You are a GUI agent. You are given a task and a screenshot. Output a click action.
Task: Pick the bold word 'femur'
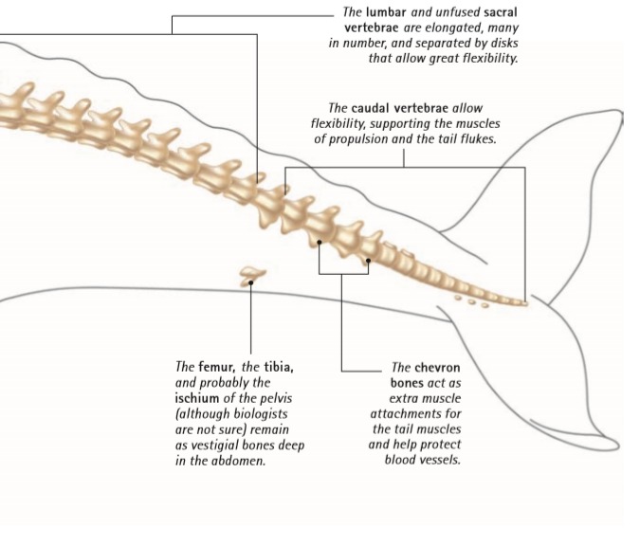point(215,367)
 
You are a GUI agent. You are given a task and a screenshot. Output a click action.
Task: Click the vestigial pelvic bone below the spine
point(251,276)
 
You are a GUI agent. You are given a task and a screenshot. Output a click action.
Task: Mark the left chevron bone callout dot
point(320,243)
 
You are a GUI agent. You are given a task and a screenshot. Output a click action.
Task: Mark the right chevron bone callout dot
point(368,258)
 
